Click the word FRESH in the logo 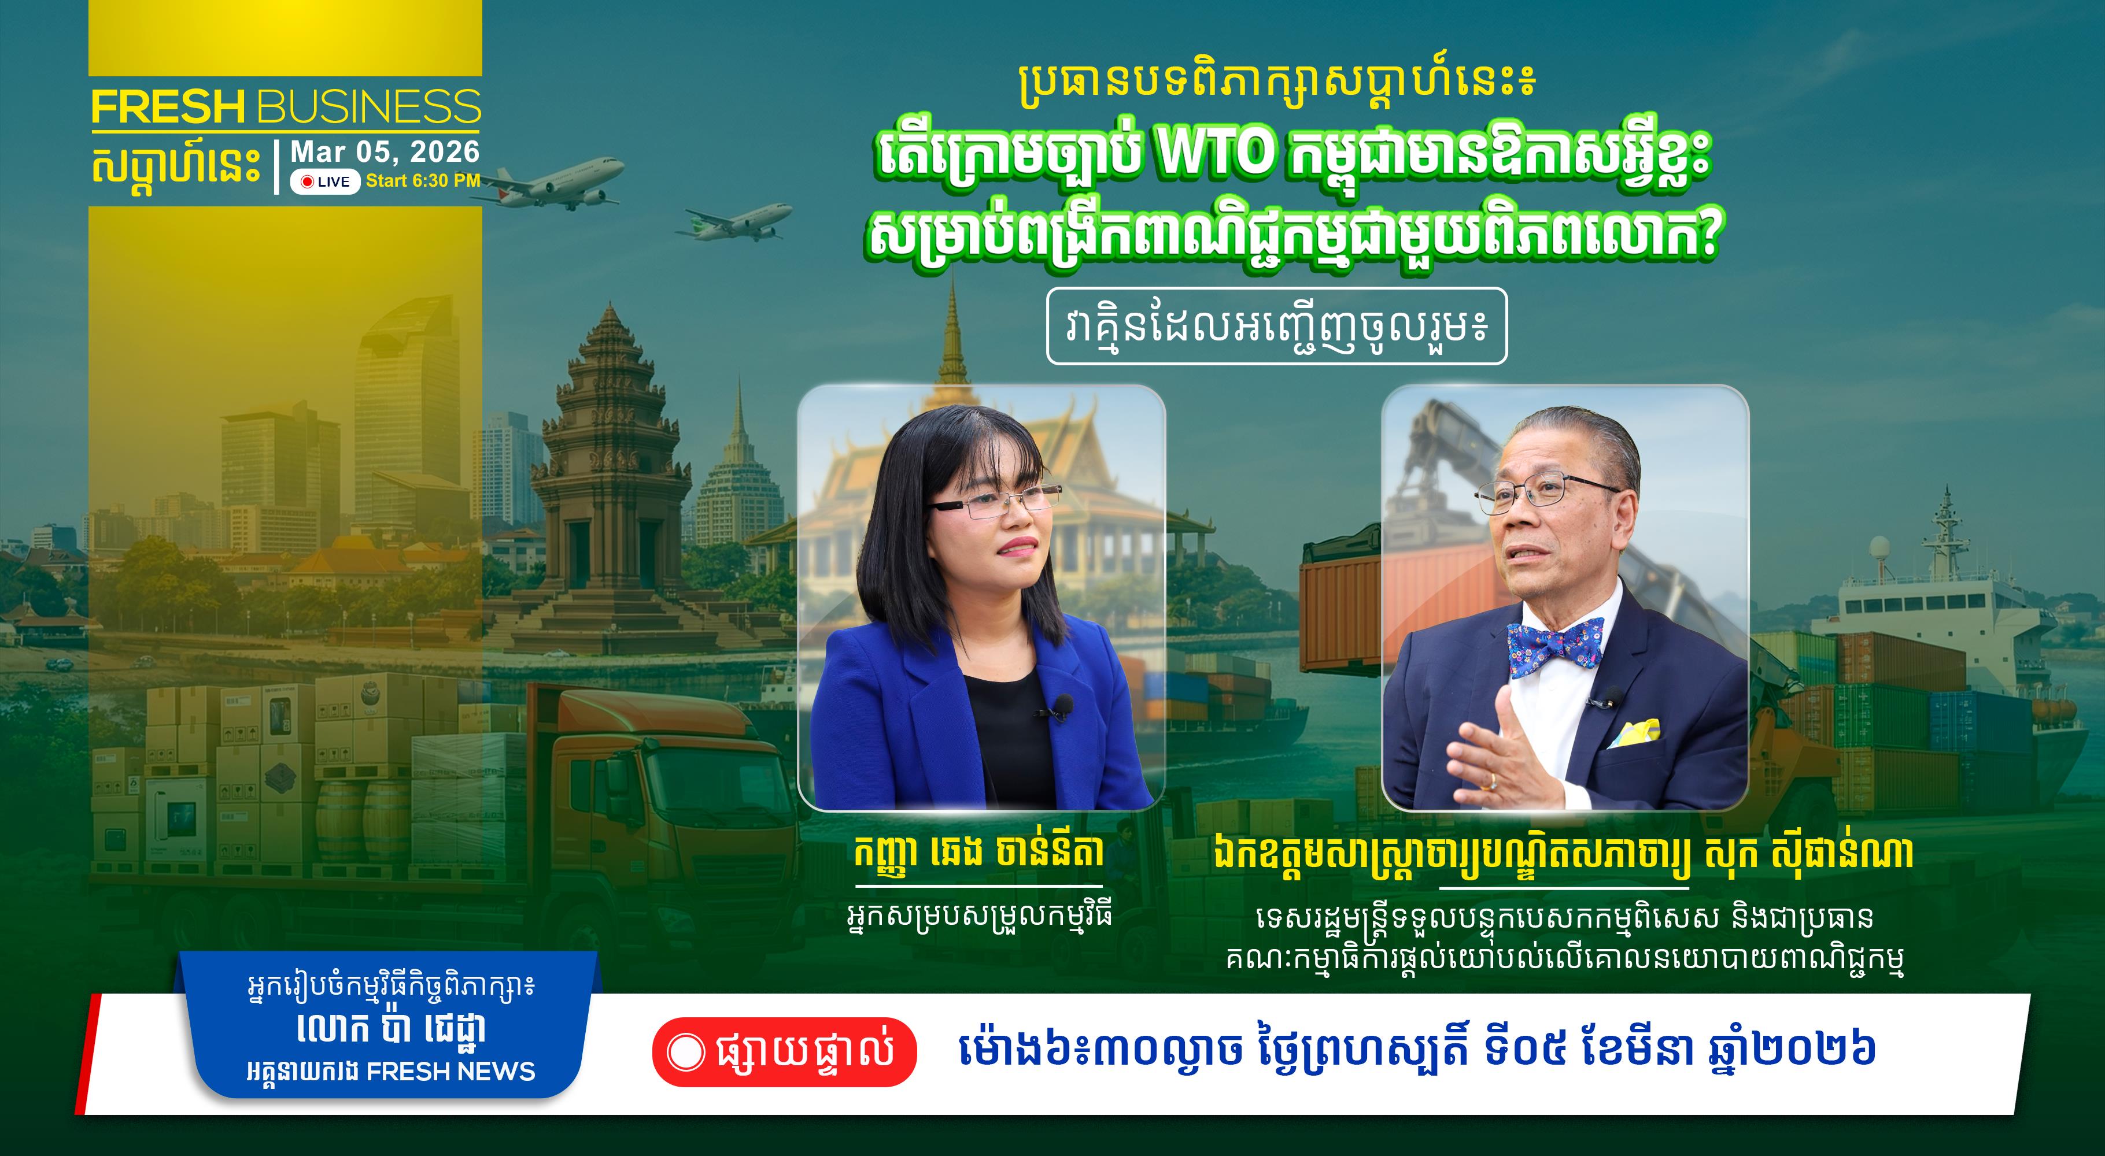click(168, 107)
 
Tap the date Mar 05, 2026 click(385, 152)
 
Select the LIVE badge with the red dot click(325, 181)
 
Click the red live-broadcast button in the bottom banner click(784, 1052)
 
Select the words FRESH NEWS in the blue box click(450, 1071)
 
